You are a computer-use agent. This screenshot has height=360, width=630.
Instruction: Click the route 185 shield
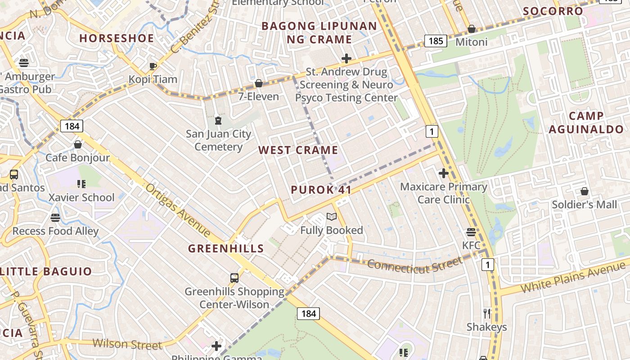[436, 41]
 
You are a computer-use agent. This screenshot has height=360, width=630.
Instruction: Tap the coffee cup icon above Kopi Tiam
[153, 66]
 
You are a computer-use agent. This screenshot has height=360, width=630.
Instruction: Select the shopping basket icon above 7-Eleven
[259, 83]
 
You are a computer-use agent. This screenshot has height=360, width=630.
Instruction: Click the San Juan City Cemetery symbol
[218, 120]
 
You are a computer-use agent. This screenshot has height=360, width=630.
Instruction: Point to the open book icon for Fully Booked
[332, 217]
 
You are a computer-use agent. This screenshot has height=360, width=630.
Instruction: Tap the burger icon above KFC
[471, 232]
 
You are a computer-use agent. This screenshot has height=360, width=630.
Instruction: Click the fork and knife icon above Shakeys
[486, 313]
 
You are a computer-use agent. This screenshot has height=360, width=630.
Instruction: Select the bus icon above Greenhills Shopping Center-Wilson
[234, 278]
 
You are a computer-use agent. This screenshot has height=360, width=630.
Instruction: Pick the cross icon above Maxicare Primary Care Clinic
[444, 173]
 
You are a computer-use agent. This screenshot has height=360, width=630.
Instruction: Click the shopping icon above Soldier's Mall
[584, 191]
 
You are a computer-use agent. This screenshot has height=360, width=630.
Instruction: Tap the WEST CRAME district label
[298, 150]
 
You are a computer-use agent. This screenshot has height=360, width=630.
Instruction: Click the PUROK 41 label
[321, 189]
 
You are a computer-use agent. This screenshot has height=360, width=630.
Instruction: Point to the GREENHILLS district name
[226, 248]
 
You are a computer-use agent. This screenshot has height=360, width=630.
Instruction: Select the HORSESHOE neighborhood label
[117, 38]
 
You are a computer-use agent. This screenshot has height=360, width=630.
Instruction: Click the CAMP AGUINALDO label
[586, 123]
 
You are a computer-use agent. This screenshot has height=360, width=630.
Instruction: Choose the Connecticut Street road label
[414, 265]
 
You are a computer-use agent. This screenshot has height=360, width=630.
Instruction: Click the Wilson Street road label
[127, 344]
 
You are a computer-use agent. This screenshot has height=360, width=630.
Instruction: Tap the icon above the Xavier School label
[81, 184]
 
